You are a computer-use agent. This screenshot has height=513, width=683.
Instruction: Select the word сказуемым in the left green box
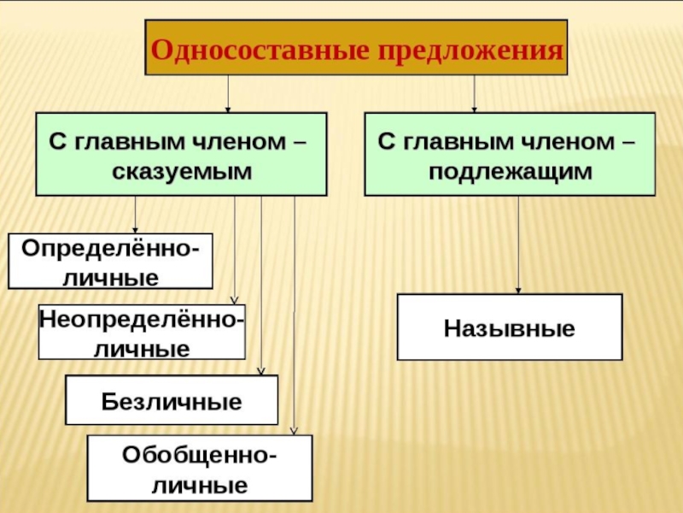[x=181, y=170]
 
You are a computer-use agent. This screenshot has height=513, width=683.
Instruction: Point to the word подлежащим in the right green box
[x=511, y=170]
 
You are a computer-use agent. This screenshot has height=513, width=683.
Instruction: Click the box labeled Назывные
[x=510, y=327]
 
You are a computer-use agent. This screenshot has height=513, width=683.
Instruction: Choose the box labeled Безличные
[x=172, y=400]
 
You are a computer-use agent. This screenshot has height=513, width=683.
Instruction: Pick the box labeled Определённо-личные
[x=110, y=262]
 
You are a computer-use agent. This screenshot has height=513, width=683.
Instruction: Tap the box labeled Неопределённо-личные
[x=142, y=332]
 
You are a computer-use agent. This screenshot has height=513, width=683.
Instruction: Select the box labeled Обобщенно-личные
[x=200, y=468]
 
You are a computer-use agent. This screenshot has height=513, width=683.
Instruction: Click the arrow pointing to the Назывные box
[x=518, y=248]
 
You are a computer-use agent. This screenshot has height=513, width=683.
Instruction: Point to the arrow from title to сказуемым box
[x=228, y=94]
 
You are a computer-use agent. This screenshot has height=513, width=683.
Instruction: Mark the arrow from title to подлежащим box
[x=474, y=94]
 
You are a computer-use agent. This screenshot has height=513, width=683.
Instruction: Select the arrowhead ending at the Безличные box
[x=261, y=371]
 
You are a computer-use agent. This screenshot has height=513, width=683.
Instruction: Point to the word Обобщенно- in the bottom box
[x=200, y=455]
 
